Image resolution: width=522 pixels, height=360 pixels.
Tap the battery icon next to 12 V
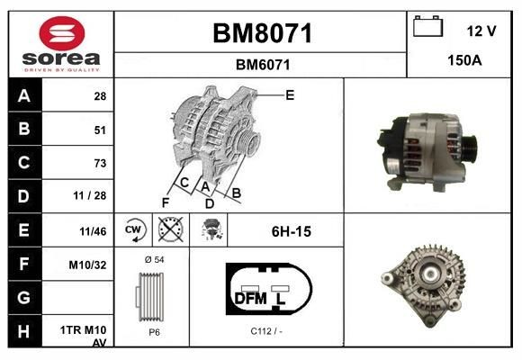427,28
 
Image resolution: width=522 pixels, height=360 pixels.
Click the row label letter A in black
23,95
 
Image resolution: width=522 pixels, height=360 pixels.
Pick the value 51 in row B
100,130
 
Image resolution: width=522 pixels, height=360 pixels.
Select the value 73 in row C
100,163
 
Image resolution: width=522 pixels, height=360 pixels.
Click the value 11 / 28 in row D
94,196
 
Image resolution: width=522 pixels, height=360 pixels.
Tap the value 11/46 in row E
93,231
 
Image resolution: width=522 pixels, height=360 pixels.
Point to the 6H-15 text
291,231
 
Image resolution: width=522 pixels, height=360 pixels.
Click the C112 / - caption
266,330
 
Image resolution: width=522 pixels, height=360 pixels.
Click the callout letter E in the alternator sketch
290,94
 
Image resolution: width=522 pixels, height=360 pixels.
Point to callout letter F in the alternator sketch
165,202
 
